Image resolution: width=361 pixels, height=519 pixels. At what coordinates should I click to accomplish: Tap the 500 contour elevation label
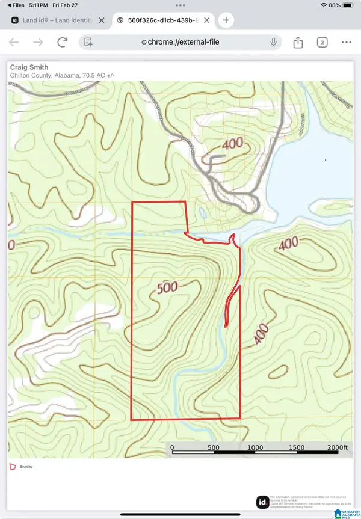point(167,288)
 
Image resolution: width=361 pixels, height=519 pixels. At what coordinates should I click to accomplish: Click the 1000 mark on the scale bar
point(255,448)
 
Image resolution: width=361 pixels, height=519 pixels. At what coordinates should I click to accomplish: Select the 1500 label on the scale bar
point(296,448)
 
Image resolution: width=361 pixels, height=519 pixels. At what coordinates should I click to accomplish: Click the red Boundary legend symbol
point(13,466)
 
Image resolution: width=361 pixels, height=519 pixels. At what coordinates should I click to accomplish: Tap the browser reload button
point(62,42)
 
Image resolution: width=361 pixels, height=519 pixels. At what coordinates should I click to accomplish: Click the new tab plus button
point(226,20)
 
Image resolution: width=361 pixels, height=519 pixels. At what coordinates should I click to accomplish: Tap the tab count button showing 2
point(322,42)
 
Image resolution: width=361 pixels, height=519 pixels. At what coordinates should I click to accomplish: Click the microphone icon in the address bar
point(274,42)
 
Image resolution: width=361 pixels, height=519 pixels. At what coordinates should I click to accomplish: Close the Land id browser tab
point(102,20)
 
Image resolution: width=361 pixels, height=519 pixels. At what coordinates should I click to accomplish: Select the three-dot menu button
point(347,42)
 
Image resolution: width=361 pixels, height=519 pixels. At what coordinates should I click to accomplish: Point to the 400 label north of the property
point(233,144)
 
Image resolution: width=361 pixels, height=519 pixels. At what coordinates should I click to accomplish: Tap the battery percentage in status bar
point(335,5)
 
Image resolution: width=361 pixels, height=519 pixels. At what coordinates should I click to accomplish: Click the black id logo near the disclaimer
point(262,502)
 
